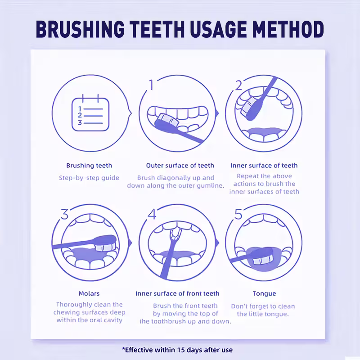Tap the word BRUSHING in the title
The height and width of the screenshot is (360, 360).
coord(80,29)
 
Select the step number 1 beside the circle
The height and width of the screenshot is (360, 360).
coord(151,85)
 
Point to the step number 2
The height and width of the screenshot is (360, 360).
coord(238,85)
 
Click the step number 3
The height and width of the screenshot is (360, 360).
coord(64,214)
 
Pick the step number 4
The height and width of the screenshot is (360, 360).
coord(152,214)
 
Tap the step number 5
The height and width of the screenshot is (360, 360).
coord(238,214)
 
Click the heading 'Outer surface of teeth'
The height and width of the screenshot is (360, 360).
coord(180,166)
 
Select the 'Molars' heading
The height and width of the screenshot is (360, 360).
coord(89,293)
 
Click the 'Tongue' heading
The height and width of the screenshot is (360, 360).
coord(264,294)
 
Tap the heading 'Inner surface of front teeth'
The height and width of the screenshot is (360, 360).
coord(177,293)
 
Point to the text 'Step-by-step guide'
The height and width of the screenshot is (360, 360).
coord(89,178)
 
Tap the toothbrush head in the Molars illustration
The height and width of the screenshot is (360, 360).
coord(105,243)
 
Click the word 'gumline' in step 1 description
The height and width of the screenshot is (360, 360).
coord(210,186)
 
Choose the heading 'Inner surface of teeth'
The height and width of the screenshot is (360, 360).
coord(264,166)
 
